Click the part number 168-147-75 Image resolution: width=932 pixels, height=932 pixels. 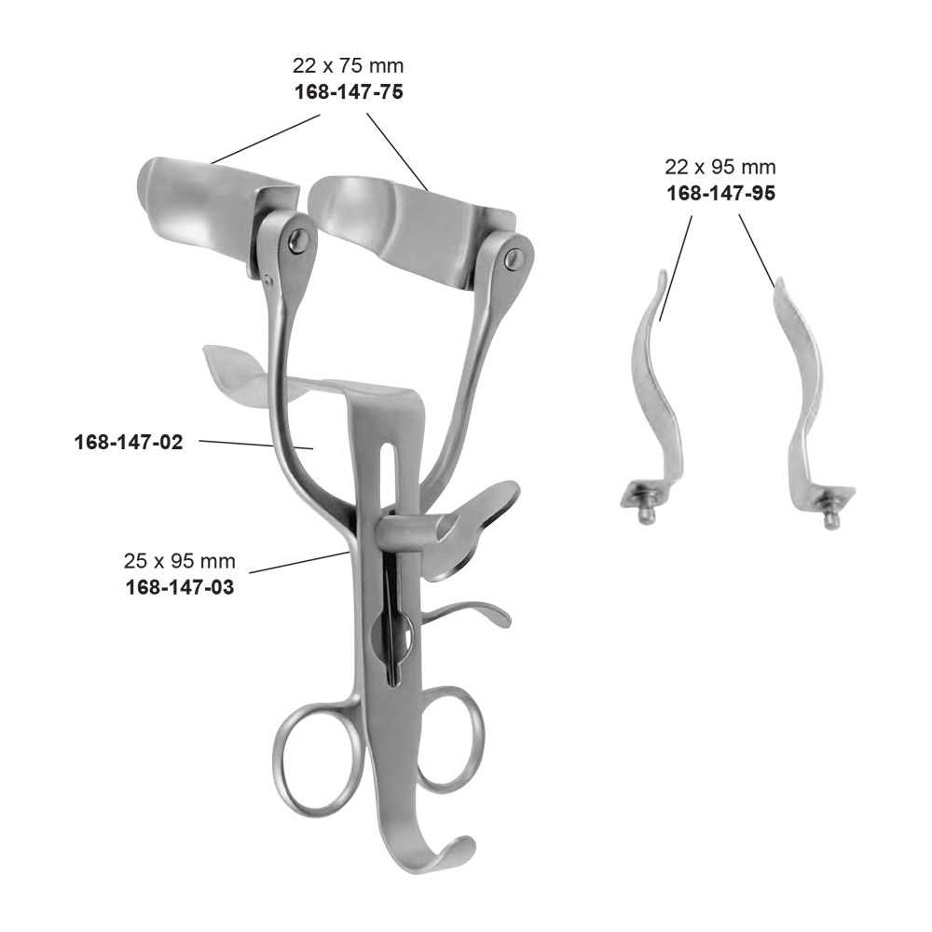tap(349, 92)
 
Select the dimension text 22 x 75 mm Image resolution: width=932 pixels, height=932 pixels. tap(348, 65)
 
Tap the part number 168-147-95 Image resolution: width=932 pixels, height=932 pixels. tap(721, 194)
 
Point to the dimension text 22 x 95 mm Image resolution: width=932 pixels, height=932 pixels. tap(720, 168)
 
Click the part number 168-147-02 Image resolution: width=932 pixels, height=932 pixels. tap(129, 442)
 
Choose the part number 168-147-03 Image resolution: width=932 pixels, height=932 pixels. tap(180, 587)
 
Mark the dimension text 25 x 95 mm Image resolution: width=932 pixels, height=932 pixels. tap(180, 561)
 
